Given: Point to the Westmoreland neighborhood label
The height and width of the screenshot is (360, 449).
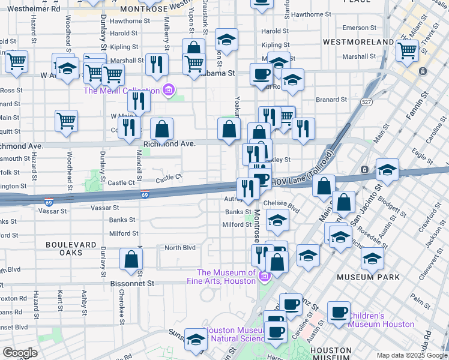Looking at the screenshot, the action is pos(358,42).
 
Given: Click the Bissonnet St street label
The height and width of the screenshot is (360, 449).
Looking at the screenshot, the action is pos(132,283).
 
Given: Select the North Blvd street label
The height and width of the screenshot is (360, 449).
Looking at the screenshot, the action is pos(180,248).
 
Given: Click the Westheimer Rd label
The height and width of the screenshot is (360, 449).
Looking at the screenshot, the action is pos(34,9).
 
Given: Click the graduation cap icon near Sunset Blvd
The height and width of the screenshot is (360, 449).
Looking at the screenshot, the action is pos(195,339).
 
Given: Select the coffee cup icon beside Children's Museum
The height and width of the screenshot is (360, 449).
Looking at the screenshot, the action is pos(338,312).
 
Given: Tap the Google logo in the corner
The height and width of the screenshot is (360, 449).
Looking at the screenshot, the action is pos(20,352).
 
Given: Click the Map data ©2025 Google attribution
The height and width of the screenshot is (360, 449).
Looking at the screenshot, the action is pos(412,355).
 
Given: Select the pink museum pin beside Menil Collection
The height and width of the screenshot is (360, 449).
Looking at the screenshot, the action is pos(169,91).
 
